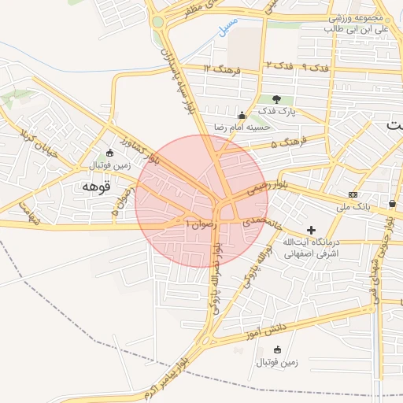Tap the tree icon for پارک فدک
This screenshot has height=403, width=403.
pos(276,99)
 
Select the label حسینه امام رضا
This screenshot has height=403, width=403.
pos(244,126)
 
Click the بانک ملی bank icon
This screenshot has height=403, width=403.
pos(352,194)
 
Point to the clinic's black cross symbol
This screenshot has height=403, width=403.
pos(312,231)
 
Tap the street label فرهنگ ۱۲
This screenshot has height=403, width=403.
pos(218,69)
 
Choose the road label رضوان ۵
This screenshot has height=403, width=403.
pos(120,204)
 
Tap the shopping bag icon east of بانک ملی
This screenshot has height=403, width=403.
pos(391,204)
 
